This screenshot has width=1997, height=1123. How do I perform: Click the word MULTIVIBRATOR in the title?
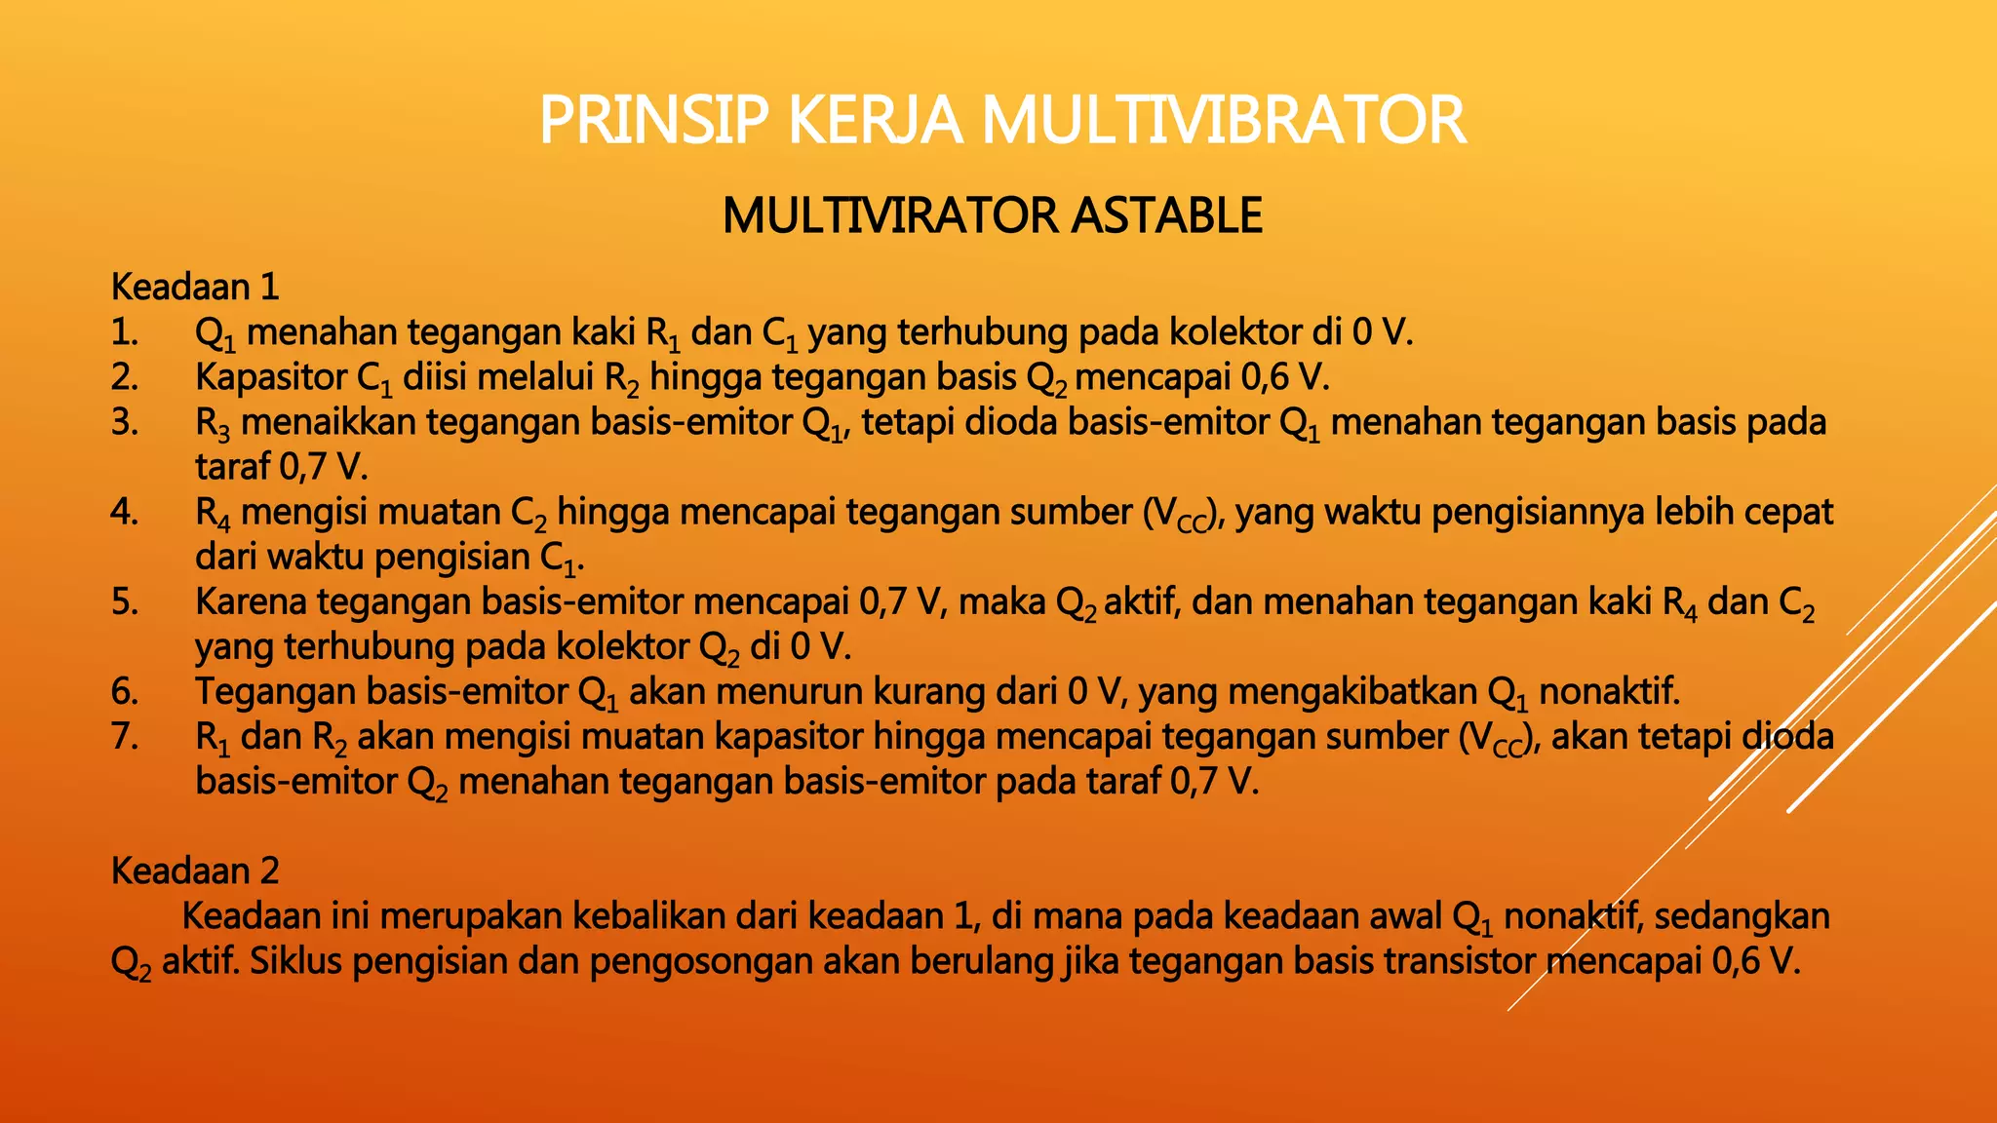1223,121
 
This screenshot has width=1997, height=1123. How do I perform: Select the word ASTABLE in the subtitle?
1166,215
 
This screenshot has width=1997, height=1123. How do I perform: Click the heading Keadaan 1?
195,287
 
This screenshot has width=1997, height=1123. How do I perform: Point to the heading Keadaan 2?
195,871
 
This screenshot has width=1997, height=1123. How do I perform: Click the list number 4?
124,512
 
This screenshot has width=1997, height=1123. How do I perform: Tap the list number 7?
124,736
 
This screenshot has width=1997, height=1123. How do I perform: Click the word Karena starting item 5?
249,601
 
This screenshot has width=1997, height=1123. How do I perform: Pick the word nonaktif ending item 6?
1610,691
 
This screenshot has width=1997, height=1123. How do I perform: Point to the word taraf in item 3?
232,467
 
